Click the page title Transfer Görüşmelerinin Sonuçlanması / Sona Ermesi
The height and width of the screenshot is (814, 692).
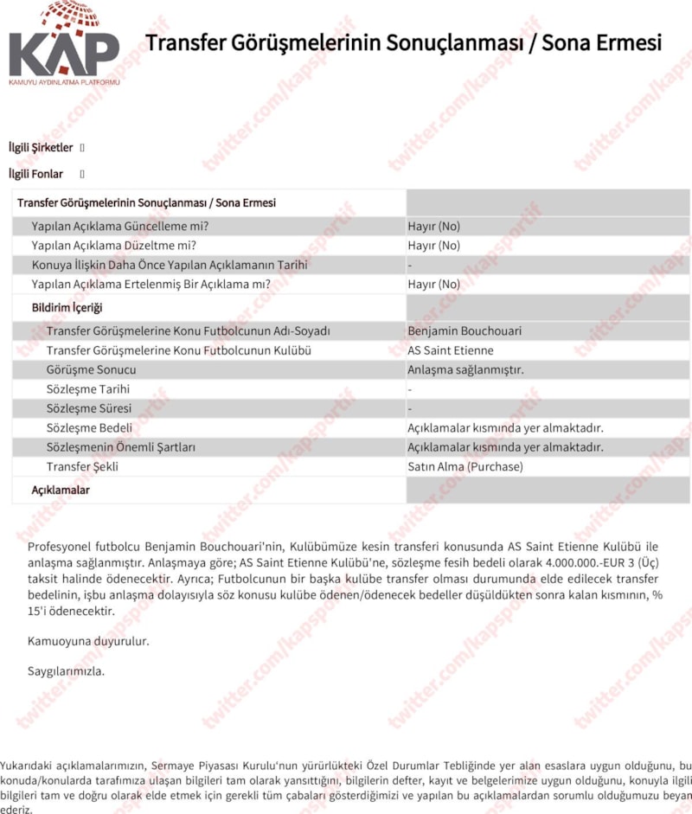point(403,42)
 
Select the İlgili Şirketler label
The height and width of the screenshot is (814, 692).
point(41,148)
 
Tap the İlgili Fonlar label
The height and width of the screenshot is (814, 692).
point(35,174)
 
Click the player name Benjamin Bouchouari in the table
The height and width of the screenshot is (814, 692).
point(465,331)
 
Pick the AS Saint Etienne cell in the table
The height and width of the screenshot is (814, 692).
point(451,350)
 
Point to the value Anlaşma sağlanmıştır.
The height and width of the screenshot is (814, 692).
point(466,370)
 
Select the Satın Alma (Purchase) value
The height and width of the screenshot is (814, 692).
point(465,467)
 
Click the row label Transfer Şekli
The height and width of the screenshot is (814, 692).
point(82,467)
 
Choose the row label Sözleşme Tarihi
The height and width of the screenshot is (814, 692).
point(88,389)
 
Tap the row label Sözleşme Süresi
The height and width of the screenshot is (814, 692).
point(89,408)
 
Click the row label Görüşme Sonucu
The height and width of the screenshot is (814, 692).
point(91,370)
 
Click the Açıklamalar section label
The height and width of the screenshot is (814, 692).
point(61,490)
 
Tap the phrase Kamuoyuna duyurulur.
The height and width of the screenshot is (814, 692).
point(88,642)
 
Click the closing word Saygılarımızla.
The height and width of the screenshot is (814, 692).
point(67,671)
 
